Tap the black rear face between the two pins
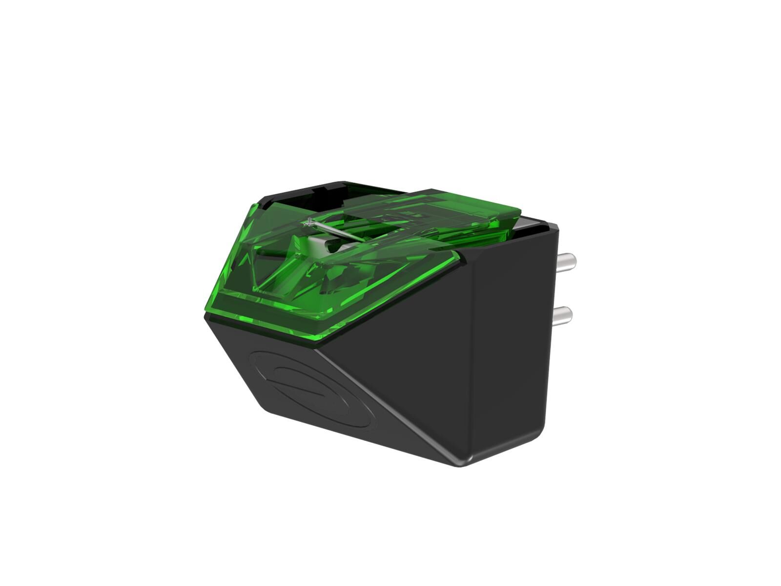coord(549,288)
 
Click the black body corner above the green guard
coord(271,198)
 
